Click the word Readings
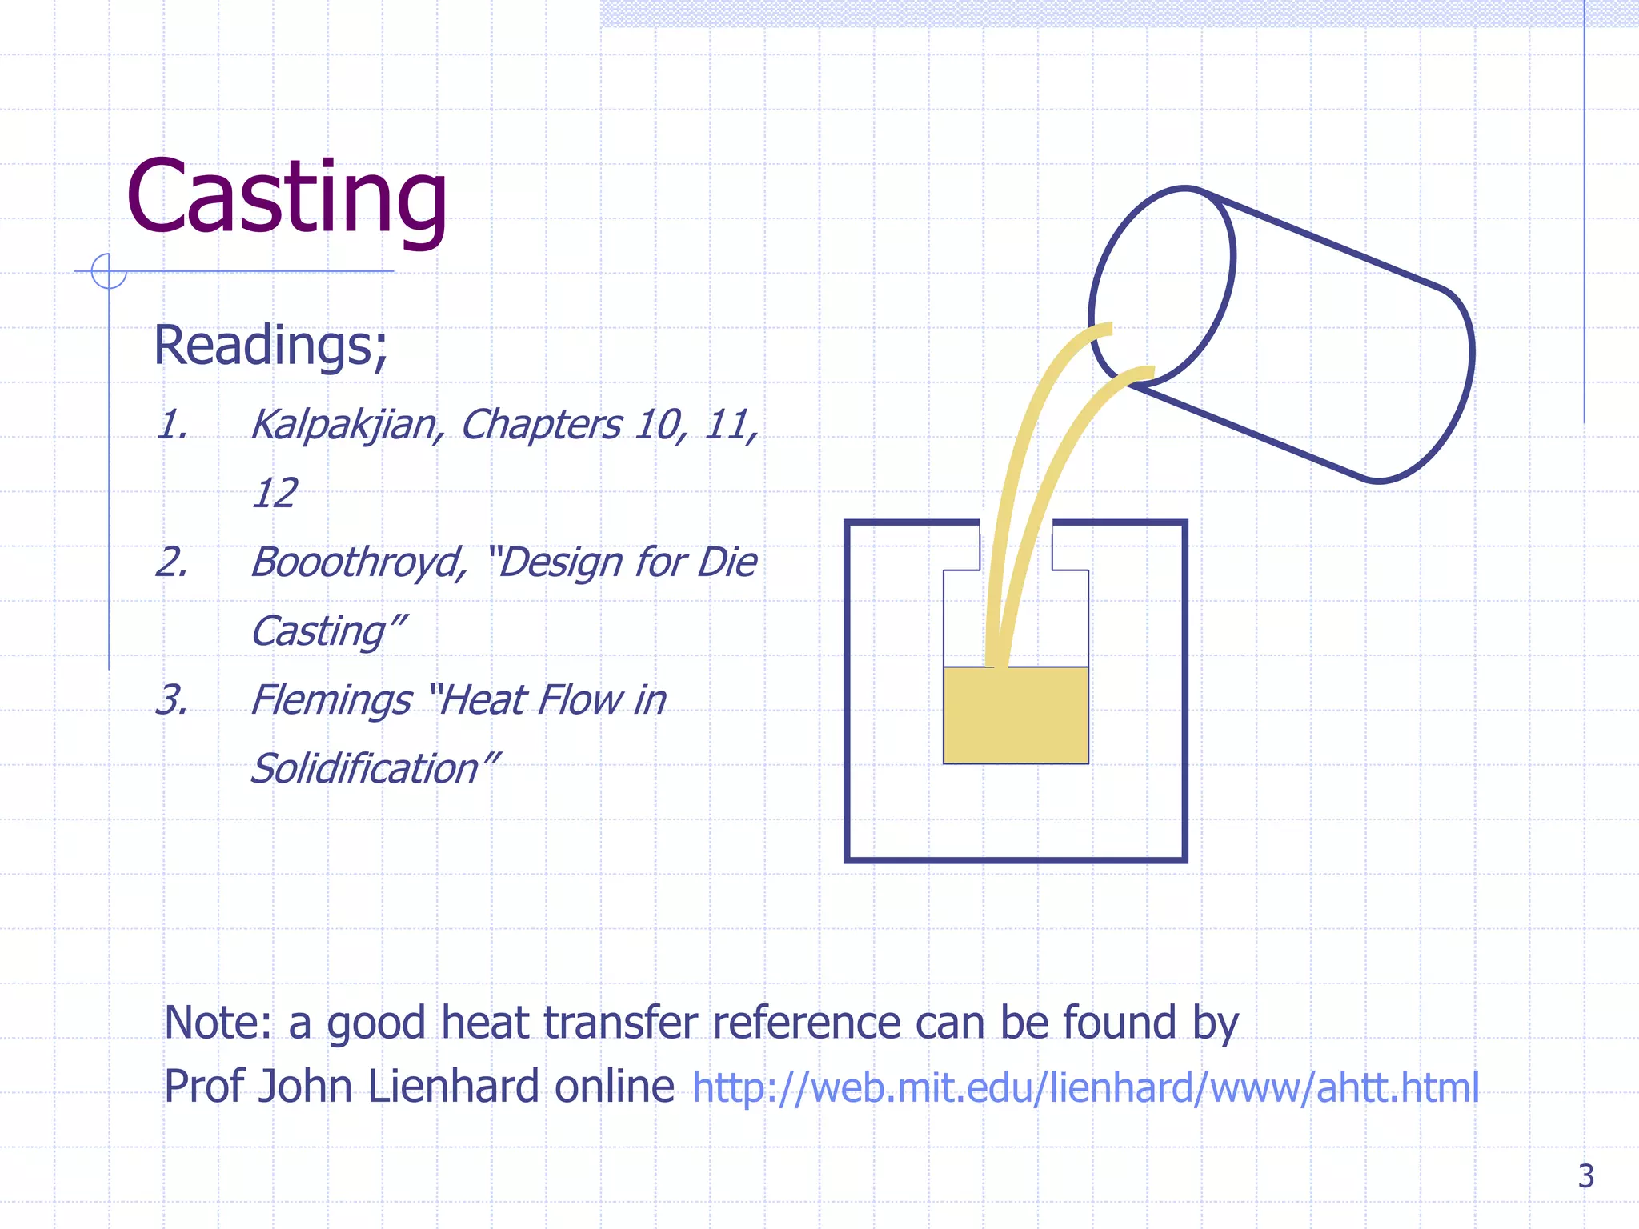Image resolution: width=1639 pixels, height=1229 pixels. (268, 346)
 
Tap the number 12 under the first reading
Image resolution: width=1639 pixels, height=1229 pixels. (275, 493)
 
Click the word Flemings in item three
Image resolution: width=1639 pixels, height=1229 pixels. (331, 700)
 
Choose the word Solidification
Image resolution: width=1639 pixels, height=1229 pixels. (365, 769)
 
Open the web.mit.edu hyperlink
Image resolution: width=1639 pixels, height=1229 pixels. (1085, 1088)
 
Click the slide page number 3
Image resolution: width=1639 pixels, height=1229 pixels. (1585, 1176)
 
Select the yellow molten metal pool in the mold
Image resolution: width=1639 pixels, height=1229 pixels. (1016, 715)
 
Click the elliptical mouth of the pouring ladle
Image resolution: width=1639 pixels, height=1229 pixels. (1162, 286)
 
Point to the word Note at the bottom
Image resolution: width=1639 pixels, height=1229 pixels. (216, 1023)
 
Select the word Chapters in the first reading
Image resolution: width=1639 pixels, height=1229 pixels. (541, 424)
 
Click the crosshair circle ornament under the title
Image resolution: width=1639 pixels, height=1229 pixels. (109, 270)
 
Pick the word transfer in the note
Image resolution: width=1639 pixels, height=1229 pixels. (621, 1023)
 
